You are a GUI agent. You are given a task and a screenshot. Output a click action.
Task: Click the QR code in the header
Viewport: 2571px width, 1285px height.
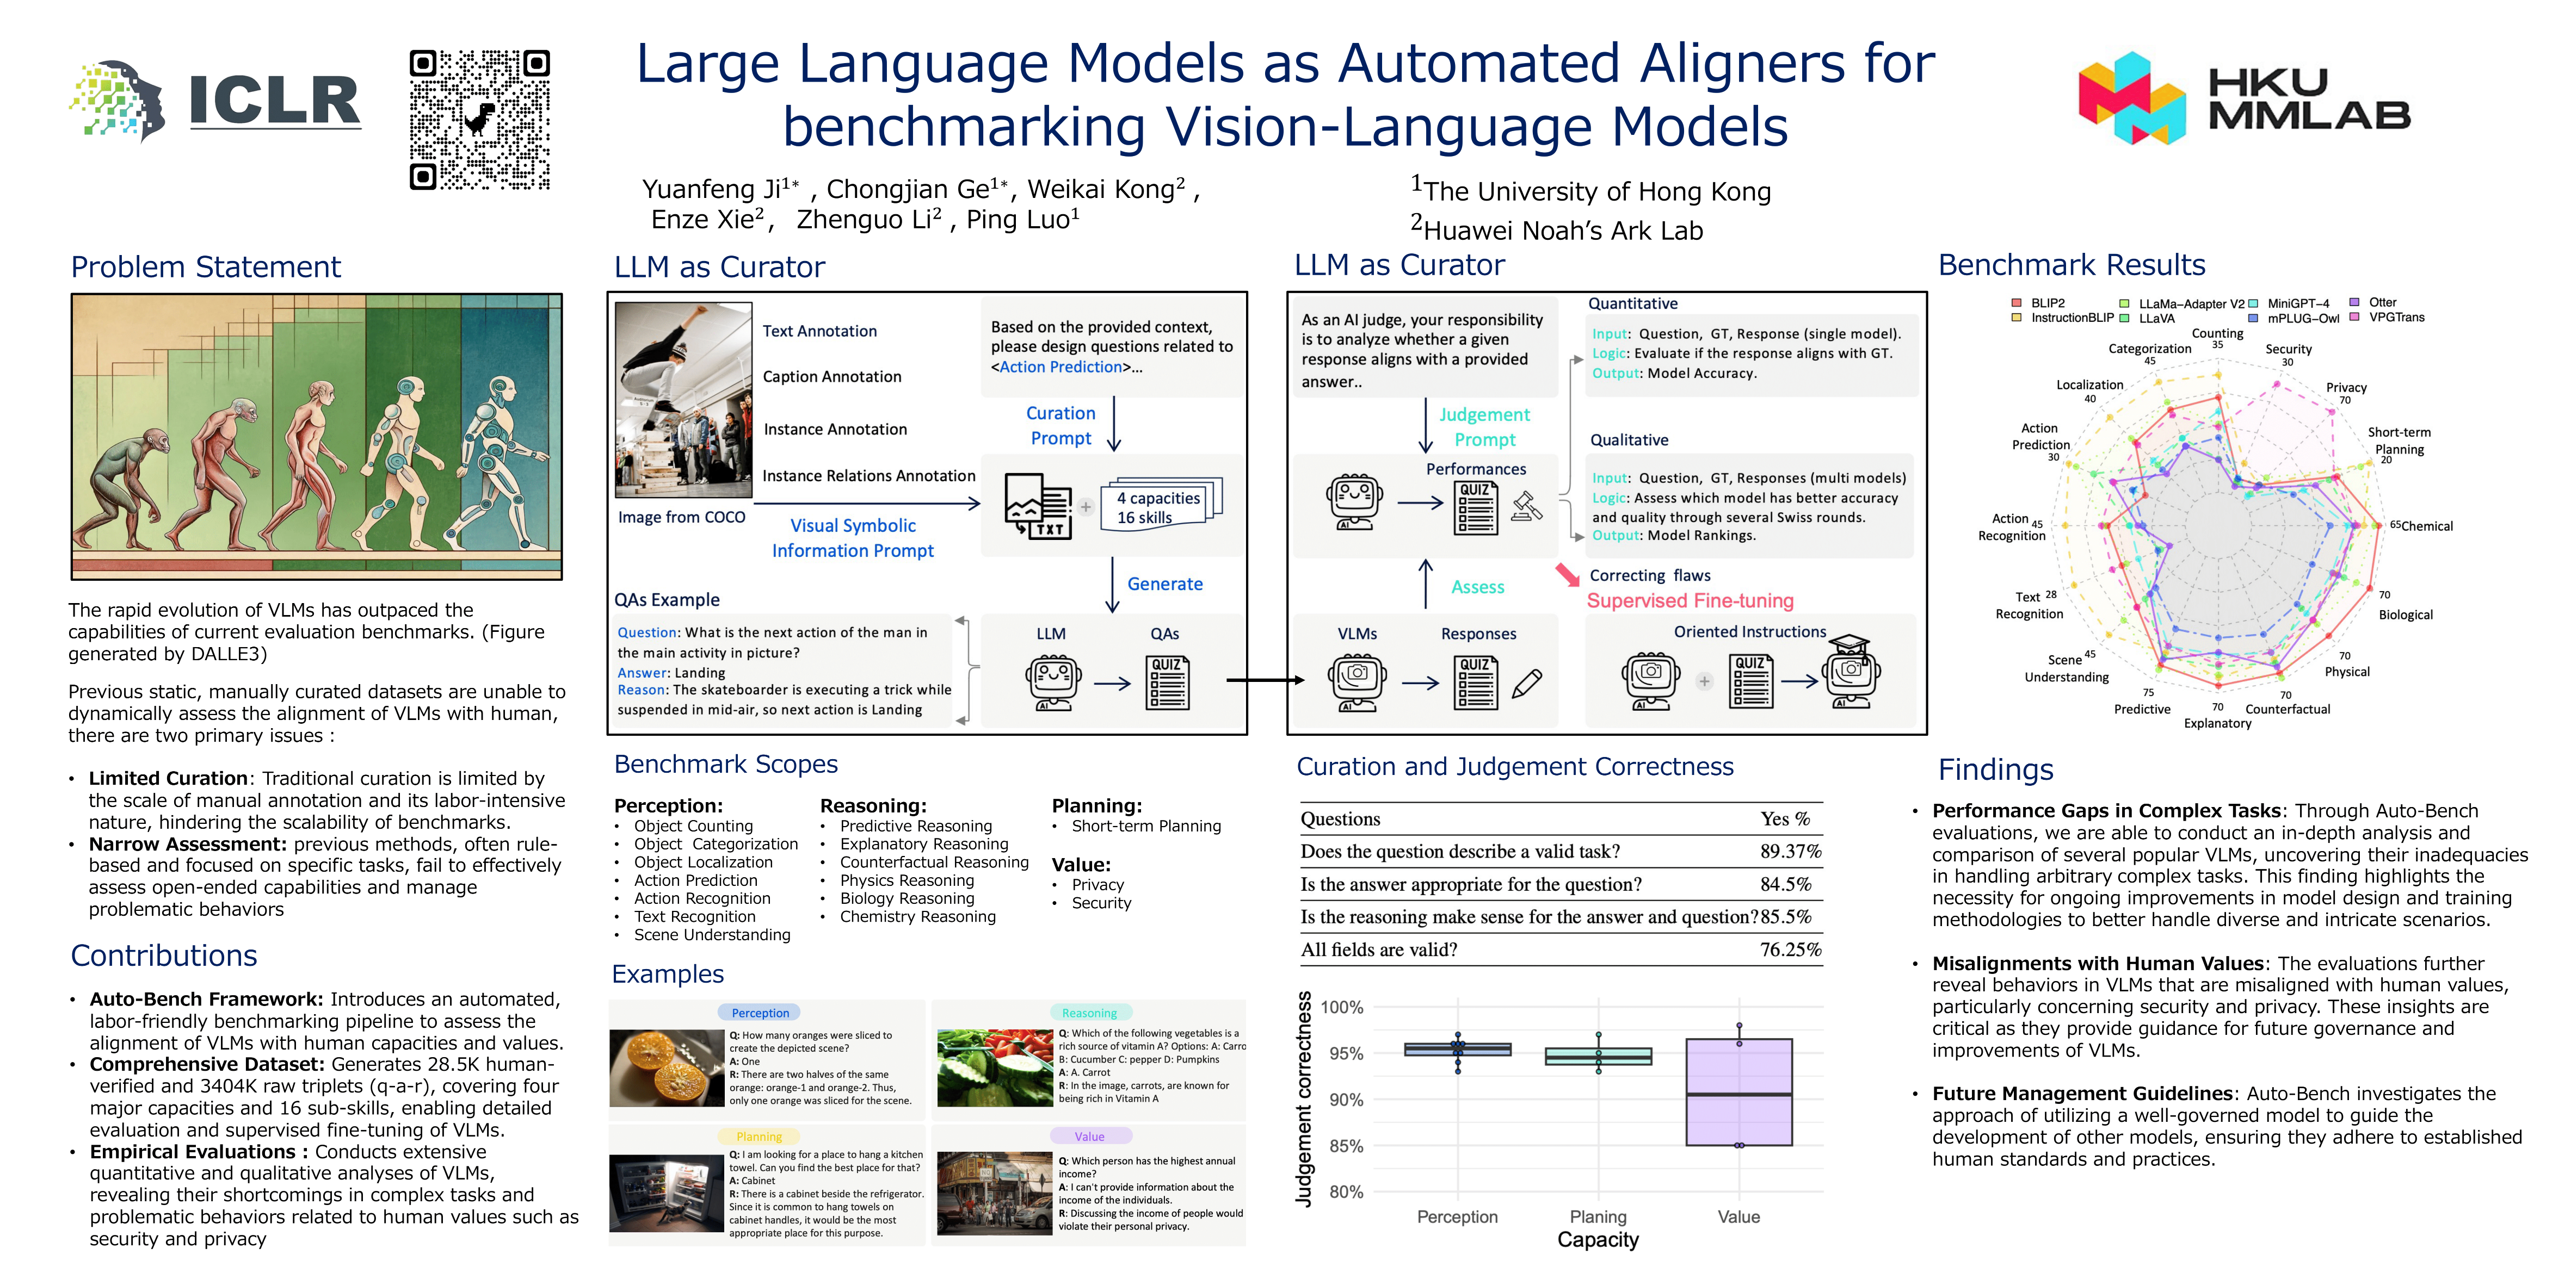coord(480,120)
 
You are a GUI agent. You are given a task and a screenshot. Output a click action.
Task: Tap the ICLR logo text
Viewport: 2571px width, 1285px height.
coord(274,102)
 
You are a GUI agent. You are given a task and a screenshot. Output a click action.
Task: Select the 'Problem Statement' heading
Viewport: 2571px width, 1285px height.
coord(206,268)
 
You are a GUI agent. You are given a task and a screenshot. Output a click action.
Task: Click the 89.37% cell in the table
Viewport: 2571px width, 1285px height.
coord(1790,851)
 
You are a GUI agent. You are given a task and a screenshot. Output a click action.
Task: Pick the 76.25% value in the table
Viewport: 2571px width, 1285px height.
coord(1790,949)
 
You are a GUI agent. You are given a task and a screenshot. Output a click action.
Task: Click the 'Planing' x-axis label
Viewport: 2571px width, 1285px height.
coord(1598,1216)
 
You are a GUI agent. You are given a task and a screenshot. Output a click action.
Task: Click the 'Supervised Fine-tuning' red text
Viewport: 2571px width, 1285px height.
coord(1690,600)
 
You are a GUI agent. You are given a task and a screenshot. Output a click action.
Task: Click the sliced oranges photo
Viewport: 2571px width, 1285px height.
coord(667,1067)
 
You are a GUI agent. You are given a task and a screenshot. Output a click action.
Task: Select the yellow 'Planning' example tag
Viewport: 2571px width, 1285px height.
coord(759,1137)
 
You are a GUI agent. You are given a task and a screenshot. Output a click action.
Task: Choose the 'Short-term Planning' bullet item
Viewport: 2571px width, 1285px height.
coord(1146,826)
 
